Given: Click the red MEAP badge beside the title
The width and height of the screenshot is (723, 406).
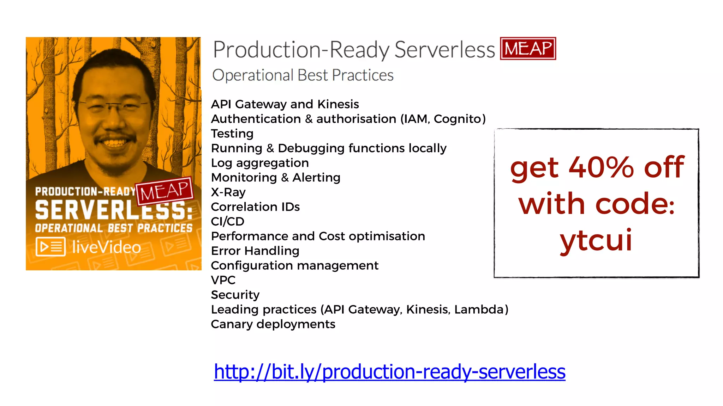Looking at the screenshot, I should point(528,49).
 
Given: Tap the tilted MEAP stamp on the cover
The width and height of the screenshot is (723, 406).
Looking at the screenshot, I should point(165,191).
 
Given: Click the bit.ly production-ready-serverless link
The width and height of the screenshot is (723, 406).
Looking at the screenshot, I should point(389,371).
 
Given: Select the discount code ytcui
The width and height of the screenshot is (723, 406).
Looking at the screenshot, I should point(596,240).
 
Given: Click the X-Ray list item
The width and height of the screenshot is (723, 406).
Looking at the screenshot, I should point(228,192).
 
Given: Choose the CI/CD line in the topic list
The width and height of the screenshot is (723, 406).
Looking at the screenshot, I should point(227,222).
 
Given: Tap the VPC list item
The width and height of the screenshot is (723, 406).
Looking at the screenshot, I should point(223,280).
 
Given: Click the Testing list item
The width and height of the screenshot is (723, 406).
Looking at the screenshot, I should point(232,134).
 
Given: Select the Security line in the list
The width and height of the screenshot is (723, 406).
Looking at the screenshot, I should point(235,295).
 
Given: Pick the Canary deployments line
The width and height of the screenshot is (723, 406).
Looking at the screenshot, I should point(273,324).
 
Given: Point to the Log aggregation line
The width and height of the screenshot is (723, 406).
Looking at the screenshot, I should point(259,163).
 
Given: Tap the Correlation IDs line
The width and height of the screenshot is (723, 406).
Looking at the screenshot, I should point(255,207).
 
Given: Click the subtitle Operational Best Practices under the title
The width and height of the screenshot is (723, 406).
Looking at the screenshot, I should point(303,75).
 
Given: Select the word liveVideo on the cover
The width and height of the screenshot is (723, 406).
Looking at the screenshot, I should point(106,247).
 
